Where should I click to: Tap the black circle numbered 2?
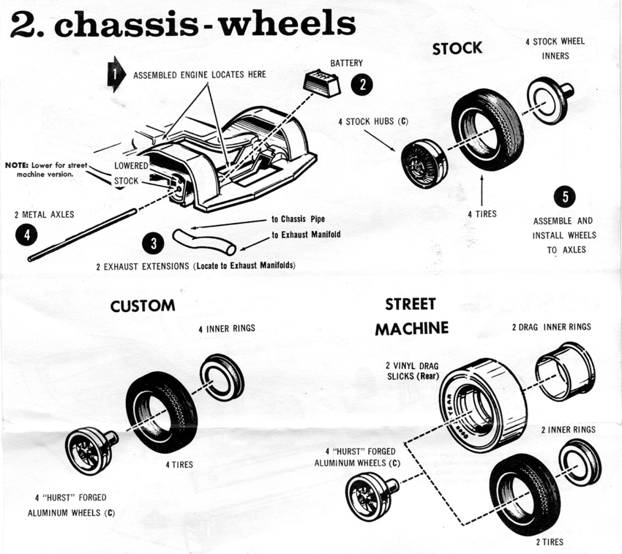click(x=361, y=86)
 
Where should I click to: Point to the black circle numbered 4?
click(x=26, y=235)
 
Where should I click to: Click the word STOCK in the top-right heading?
click(x=457, y=48)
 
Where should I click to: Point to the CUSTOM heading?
click(x=143, y=306)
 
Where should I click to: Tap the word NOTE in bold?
click(x=18, y=166)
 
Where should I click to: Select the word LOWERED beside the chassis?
click(x=132, y=166)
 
